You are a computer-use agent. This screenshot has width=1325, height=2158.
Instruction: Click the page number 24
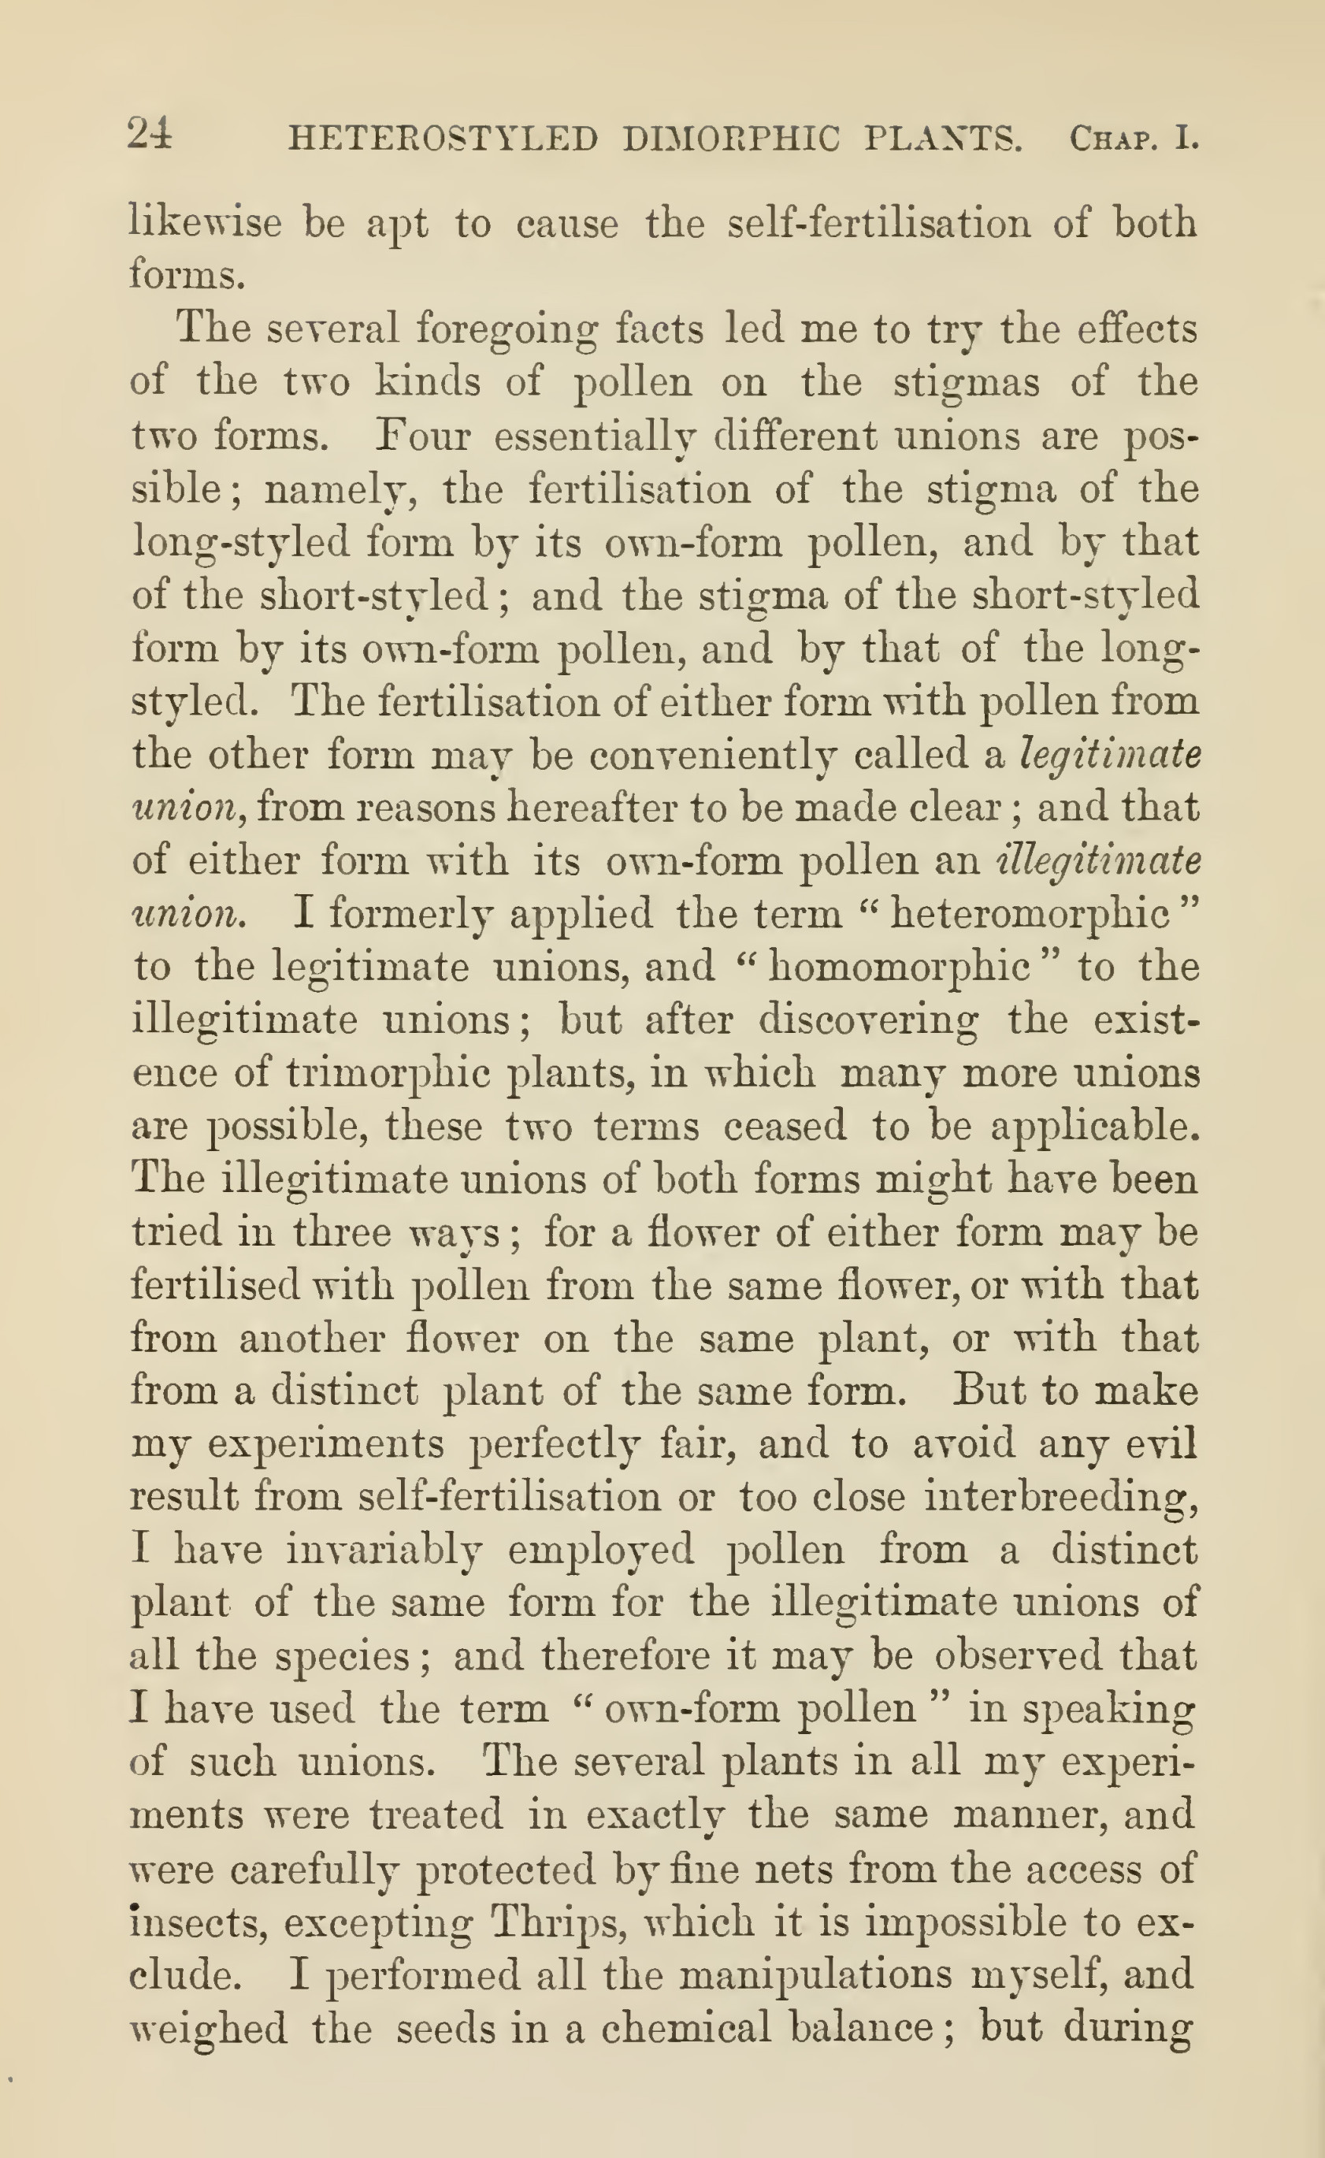tap(150, 137)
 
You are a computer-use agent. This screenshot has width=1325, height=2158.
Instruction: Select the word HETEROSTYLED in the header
tap(444, 139)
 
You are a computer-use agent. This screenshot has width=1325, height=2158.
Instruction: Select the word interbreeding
tap(1060, 1497)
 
